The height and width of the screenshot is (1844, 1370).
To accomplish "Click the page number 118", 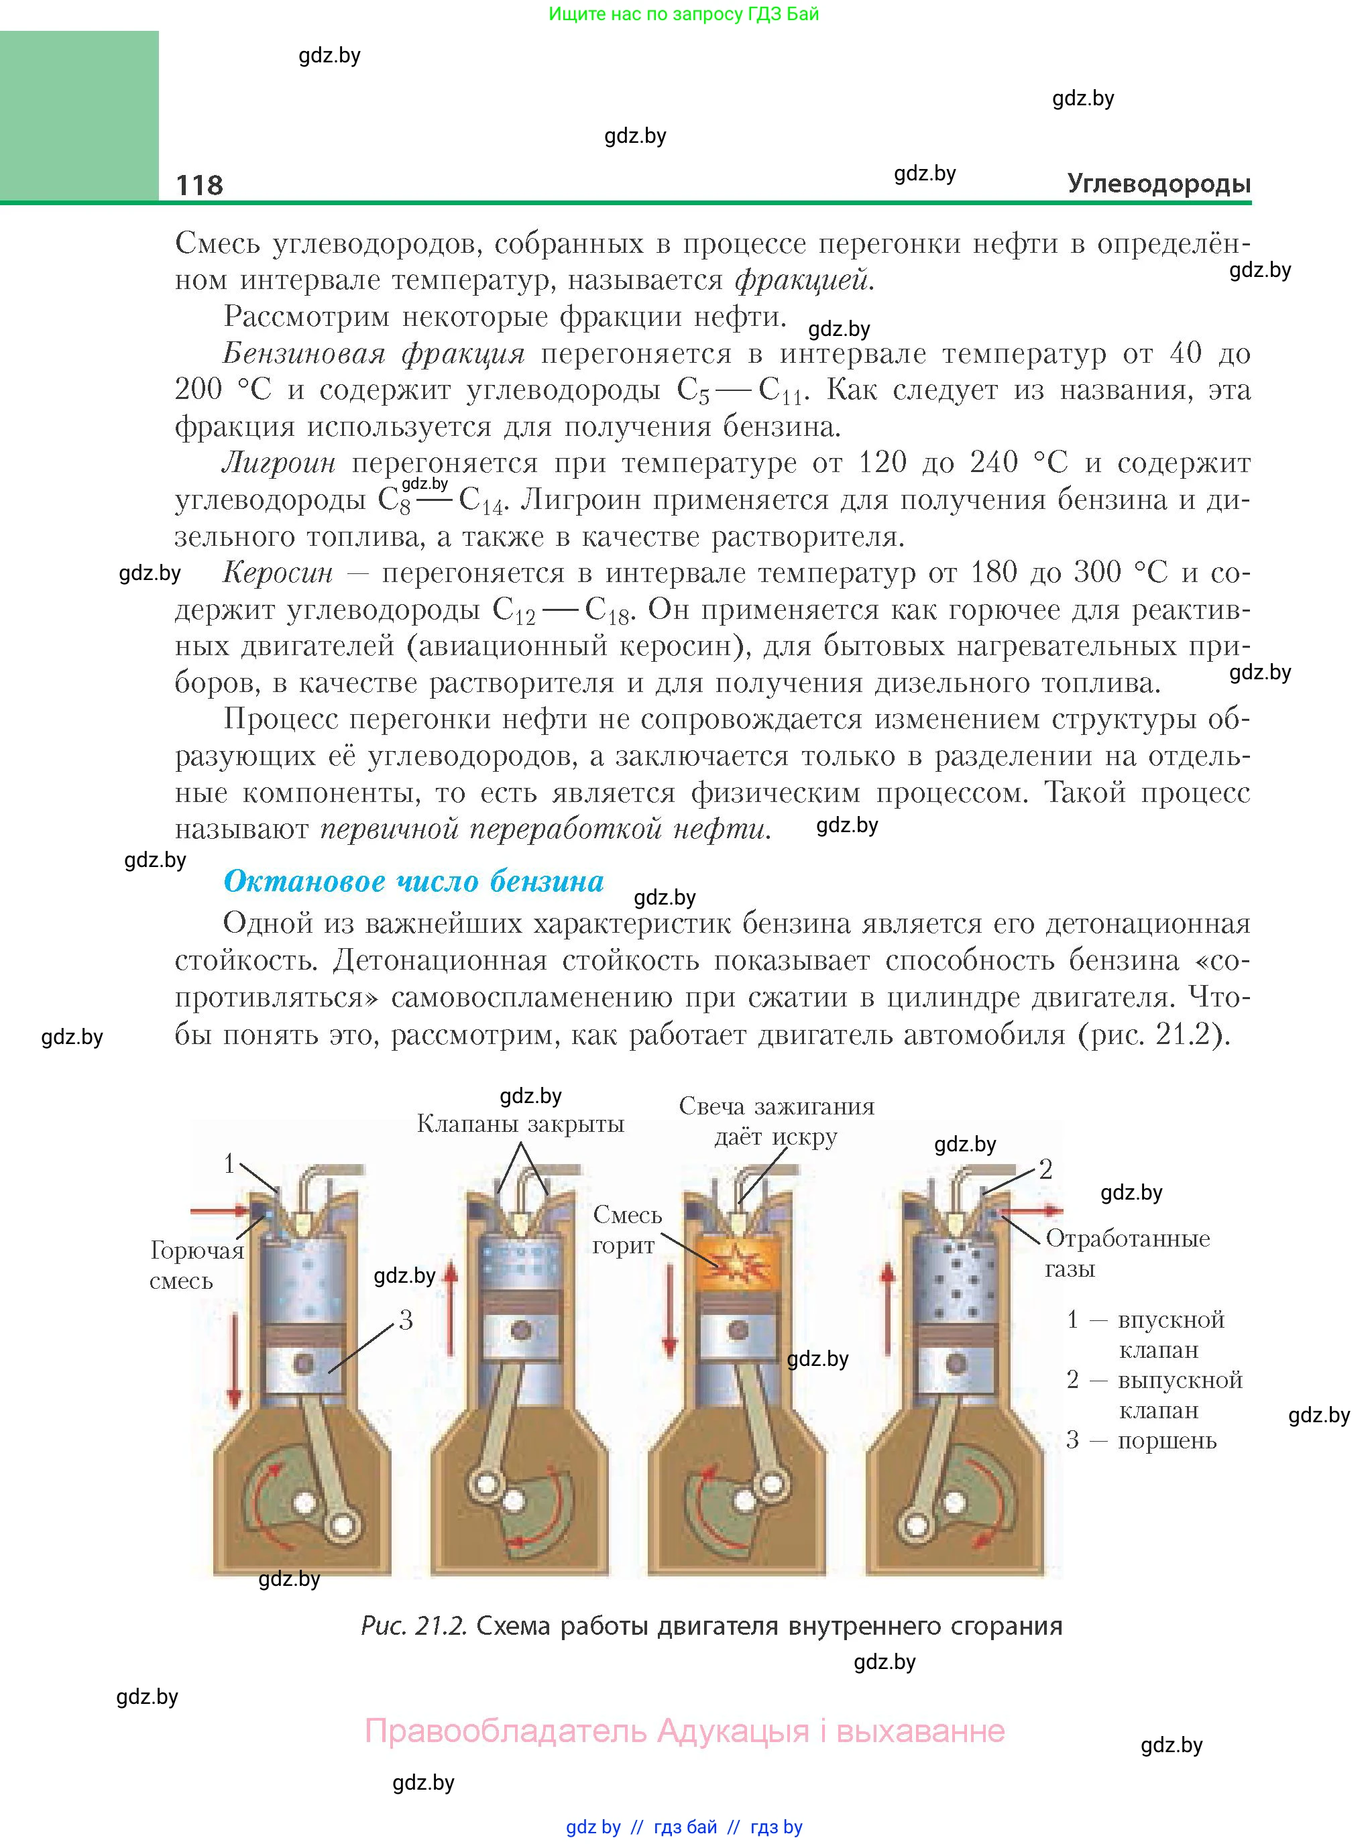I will click(199, 184).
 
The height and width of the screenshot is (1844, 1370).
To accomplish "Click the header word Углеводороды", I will click(1159, 183).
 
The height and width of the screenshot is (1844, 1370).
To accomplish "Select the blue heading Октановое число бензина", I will click(413, 880).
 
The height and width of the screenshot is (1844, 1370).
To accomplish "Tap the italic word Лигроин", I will click(279, 463).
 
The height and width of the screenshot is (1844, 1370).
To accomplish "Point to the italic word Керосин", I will click(278, 572).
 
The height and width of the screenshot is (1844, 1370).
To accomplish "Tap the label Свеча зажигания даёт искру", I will click(777, 1121).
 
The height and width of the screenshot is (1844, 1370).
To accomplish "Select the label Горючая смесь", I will click(196, 1265).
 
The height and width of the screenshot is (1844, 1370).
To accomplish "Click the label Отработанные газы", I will click(1126, 1252).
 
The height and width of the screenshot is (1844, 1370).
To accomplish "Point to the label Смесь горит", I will click(626, 1230).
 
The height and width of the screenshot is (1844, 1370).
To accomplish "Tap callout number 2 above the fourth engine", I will click(1045, 1169).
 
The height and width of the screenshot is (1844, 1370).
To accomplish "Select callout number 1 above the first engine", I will click(230, 1164).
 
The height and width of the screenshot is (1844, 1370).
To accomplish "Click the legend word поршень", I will click(1167, 1440).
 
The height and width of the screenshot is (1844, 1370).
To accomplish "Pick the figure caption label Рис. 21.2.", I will click(414, 1626).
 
